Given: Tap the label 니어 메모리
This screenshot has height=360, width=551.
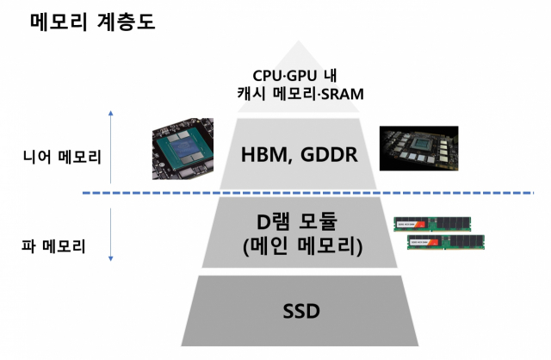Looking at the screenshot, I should point(62,158).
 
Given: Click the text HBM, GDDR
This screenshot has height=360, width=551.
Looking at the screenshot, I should point(299,155).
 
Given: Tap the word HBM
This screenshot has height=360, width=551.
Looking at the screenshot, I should point(261,155).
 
